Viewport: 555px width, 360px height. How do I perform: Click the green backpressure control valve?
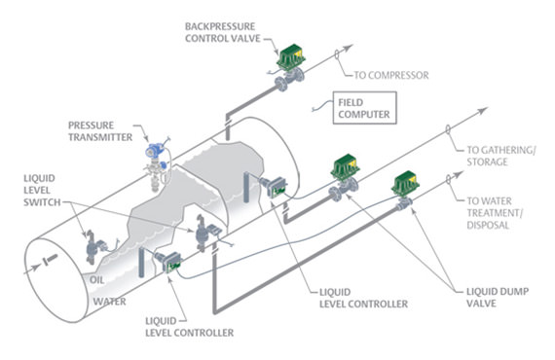(x=290, y=60)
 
